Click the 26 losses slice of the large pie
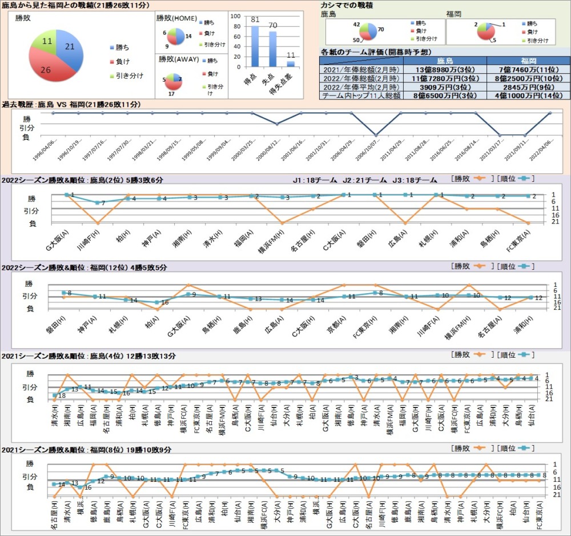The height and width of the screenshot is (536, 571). [x=49, y=67]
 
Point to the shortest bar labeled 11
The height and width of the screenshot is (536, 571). [x=291, y=63]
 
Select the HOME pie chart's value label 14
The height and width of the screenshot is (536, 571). [x=188, y=36]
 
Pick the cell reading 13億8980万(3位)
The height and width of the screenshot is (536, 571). [x=445, y=69]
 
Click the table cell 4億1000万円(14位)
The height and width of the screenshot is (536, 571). [x=528, y=96]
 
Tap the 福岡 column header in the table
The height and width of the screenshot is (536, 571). [x=528, y=60]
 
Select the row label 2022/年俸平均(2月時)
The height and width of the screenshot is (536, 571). [x=361, y=87]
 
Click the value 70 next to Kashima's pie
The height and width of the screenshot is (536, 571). [x=380, y=29]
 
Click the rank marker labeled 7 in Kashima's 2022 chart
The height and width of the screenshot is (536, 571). [x=98, y=203]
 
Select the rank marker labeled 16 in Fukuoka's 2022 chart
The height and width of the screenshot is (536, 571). [x=158, y=302]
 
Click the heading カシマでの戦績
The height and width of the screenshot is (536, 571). [x=347, y=5]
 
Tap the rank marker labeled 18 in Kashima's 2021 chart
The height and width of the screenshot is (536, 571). [x=55, y=395]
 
